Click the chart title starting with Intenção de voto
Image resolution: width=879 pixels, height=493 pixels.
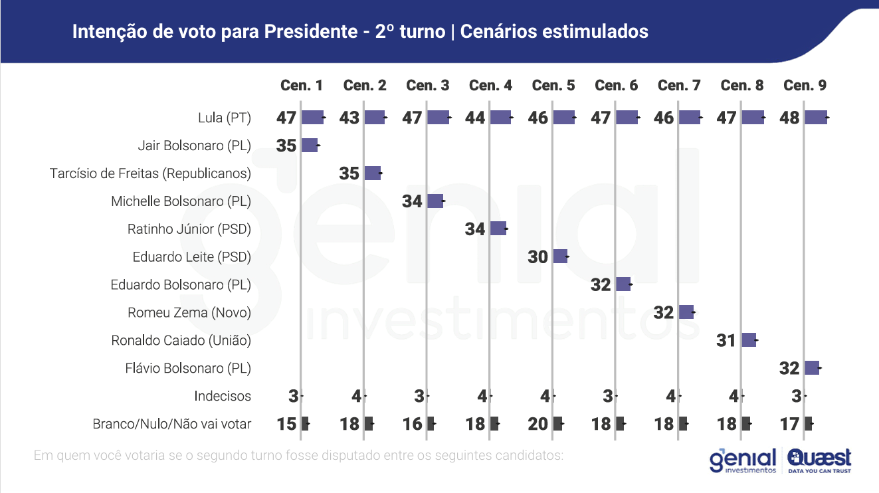point(359,31)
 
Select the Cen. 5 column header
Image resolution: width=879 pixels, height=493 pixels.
point(553,85)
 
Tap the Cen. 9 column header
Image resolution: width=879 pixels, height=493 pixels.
point(805,85)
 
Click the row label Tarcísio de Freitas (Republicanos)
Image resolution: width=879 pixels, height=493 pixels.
point(150,173)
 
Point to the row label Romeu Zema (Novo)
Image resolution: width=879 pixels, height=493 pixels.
point(189,312)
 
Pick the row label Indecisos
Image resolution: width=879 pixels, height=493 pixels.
point(223,396)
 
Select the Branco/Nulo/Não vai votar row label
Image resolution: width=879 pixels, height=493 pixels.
point(171,424)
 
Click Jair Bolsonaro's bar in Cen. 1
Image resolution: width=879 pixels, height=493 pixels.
point(310,146)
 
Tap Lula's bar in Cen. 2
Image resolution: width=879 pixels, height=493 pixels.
point(375,118)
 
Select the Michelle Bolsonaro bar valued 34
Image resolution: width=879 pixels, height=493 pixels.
point(435,201)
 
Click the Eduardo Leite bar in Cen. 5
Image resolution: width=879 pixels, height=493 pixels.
point(560,256)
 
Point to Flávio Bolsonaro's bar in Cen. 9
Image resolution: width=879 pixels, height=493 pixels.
point(811,368)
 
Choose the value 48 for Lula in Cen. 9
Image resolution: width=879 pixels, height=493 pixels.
point(789,118)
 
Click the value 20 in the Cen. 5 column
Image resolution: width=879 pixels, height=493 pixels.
point(537,424)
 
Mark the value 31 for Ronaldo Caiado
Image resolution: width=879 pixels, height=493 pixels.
point(726,340)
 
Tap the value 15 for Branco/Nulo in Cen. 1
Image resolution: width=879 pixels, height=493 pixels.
point(286,424)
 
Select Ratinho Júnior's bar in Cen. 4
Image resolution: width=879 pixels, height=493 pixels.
point(498,229)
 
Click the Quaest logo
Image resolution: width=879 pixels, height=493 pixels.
point(819,460)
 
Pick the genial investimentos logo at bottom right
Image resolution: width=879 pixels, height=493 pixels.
point(743,460)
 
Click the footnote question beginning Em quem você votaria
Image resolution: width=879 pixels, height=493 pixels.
point(298,456)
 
